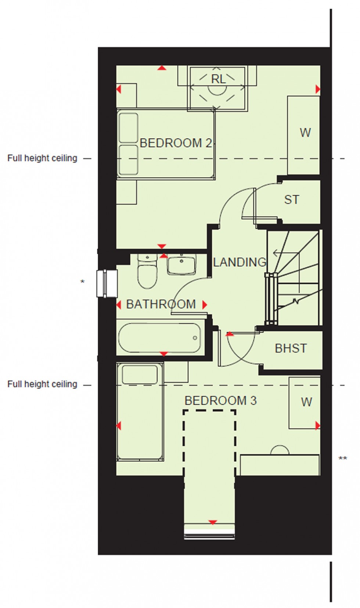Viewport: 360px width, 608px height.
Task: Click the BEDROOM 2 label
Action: [x=176, y=143]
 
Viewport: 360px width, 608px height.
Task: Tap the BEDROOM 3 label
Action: [x=220, y=401]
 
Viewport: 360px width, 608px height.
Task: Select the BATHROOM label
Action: [x=161, y=304]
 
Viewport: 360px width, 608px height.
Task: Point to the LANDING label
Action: [x=240, y=262]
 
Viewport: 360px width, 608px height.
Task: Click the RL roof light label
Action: [x=218, y=79]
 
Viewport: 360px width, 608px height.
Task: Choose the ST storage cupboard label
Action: [x=292, y=200]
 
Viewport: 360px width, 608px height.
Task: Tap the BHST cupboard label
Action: [x=291, y=348]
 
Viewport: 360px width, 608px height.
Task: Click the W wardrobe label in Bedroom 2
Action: [x=305, y=133]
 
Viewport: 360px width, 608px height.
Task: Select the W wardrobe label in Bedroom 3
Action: [x=306, y=402]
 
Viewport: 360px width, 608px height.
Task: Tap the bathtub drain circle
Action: [x=195, y=338]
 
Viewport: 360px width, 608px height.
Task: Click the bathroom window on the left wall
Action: [x=107, y=283]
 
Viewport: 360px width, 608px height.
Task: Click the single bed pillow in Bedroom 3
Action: [x=140, y=375]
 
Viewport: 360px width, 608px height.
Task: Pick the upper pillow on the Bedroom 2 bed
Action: [x=129, y=128]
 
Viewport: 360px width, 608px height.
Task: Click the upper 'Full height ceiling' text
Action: [x=42, y=158]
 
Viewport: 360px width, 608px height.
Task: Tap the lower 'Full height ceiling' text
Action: [x=42, y=384]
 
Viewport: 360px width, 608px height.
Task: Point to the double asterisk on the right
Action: [x=343, y=458]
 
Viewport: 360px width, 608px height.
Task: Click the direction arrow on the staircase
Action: [x=285, y=253]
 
